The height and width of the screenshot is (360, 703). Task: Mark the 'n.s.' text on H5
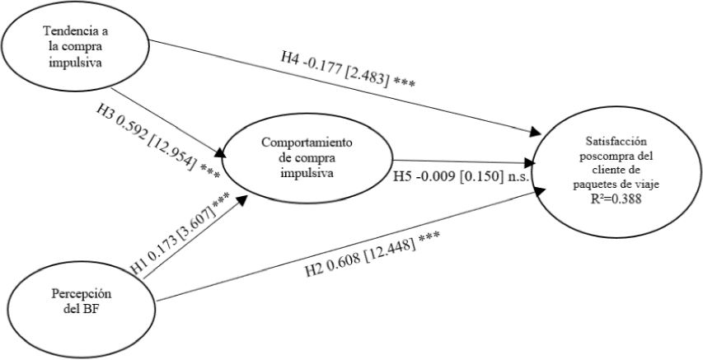click(x=517, y=176)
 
